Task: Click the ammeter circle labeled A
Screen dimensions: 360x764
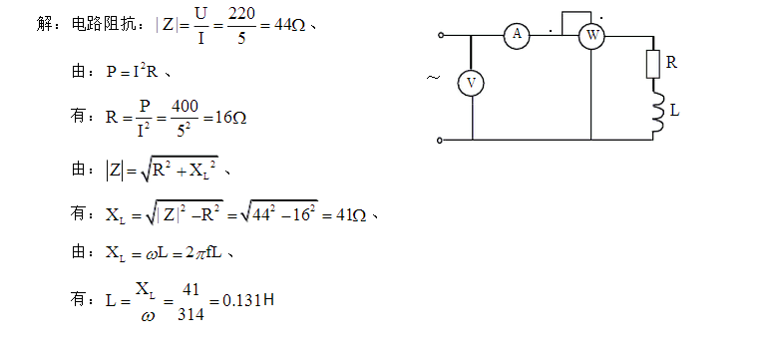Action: [517, 35]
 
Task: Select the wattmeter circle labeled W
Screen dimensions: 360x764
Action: [591, 35]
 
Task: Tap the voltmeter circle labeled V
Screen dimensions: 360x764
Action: [471, 84]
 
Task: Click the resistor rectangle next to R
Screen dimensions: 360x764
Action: [653, 65]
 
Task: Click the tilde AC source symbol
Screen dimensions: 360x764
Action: [432, 77]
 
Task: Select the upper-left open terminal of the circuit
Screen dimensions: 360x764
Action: [441, 35]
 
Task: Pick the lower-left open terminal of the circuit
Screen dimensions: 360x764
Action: [441, 141]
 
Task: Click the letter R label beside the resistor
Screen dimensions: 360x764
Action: [672, 62]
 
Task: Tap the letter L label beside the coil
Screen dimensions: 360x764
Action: [675, 111]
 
